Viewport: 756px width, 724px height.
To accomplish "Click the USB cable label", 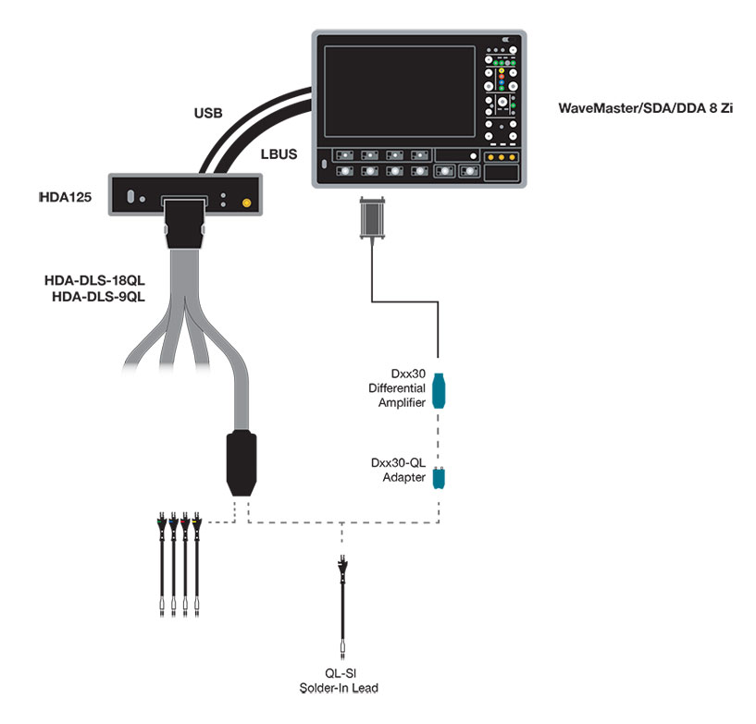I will tap(208, 114).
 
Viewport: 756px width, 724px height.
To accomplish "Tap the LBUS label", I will tap(279, 153).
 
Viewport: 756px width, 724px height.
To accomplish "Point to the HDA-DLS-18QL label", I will tap(95, 278).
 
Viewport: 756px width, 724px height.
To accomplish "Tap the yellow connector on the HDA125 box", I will tap(246, 202).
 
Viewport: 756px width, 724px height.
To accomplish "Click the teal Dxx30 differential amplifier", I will tap(440, 389).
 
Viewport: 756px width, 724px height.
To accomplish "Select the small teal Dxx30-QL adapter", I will tap(440, 477).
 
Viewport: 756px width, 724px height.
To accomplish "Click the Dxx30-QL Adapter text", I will tap(403, 471).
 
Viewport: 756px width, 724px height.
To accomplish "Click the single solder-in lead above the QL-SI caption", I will tap(344, 601).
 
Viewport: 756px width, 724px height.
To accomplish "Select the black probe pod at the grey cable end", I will tap(242, 462).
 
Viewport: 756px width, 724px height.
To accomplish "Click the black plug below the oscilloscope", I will tap(372, 218).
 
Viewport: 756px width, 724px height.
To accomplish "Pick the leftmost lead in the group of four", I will tap(163, 564).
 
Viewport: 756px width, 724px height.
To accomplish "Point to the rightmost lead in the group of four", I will tap(197, 564).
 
